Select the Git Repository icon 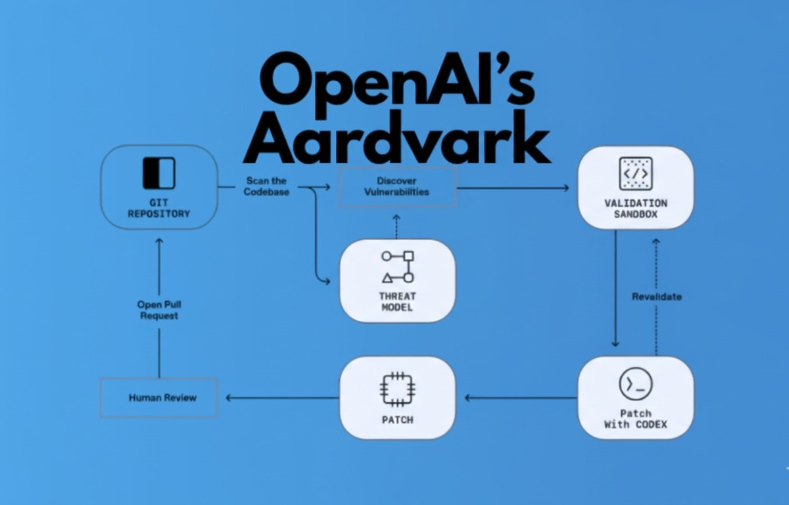[158, 173]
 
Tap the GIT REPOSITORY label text [158, 208]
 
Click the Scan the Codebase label [266, 186]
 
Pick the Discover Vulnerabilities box [397, 187]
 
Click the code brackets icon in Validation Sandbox [635, 174]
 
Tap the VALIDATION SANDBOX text [635, 208]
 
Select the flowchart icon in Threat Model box [397, 266]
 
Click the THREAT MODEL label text [397, 301]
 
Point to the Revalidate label [656, 297]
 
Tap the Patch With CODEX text [635, 419]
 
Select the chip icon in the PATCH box [397, 389]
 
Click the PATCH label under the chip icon [397, 420]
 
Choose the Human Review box [159, 398]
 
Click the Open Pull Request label [158, 310]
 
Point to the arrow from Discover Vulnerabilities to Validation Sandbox [513, 188]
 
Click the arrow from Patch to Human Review [283, 398]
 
